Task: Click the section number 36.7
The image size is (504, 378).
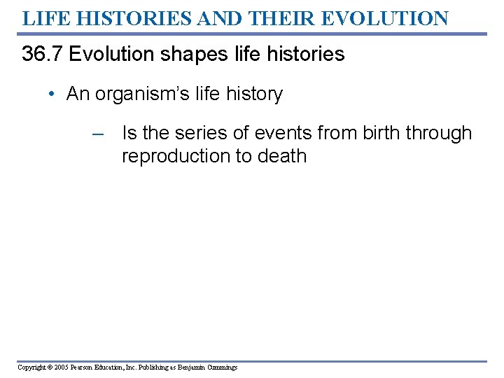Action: click(x=43, y=55)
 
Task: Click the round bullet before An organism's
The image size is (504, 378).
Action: click(x=54, y=94)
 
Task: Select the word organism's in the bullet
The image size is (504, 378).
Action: click(x=150, y=94)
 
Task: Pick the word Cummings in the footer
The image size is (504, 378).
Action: click(x=220, y=367)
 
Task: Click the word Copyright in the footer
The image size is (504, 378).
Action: click(x=30, y=367)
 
